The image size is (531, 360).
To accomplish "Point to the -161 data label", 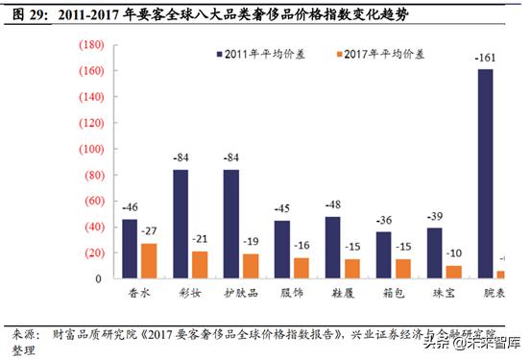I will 485,60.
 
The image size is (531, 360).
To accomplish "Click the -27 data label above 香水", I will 149,231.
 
